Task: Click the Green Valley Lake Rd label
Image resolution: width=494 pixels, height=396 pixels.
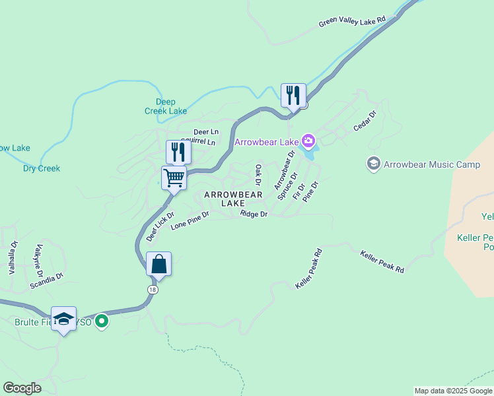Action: coord(351,22)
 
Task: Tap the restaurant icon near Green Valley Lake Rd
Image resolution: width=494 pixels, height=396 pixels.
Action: coord(292,95)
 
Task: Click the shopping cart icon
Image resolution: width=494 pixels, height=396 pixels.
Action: coord(174,178)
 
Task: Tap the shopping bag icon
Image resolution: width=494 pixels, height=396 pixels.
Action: coord(159,264)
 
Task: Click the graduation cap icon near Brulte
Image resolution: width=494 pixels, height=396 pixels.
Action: coord(63,319)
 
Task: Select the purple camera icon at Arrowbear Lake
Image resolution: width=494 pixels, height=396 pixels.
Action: coord(308,141)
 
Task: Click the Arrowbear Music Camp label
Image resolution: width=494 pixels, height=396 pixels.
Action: coord(423,164)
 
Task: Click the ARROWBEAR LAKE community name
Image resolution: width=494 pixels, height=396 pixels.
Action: coord(233,199)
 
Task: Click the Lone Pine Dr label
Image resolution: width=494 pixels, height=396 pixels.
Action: coord(190,220)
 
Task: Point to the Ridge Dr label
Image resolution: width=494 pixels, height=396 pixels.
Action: coord(254,214)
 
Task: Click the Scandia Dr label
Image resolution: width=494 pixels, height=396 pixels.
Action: coord(46,282)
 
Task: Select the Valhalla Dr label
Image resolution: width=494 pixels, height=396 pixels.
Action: coord(11,257)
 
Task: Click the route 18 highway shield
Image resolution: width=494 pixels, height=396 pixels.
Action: coord(153,289)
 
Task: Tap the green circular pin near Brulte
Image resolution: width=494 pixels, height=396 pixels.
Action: coord(101,321)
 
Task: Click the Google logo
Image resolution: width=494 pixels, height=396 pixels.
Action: coord(21,388)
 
